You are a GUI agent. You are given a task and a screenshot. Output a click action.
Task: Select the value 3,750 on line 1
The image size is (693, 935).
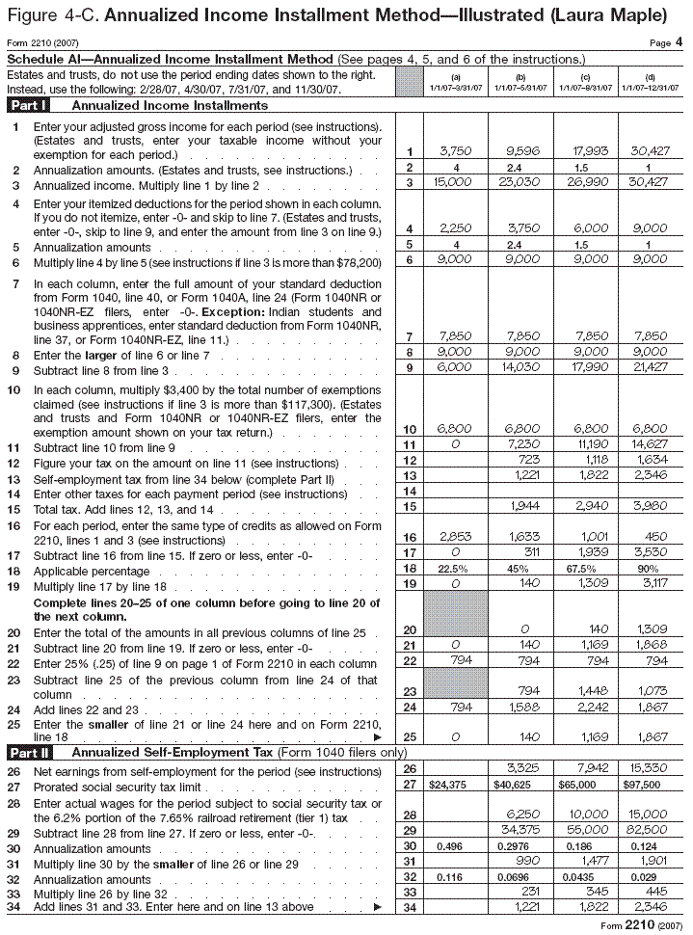click(454, 151)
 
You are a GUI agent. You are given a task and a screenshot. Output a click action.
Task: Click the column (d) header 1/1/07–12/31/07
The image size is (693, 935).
click(650, 83)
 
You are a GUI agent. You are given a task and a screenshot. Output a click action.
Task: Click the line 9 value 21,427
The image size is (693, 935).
click(650, 368)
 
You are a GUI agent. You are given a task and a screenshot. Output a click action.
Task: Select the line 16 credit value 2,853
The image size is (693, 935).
click(454, 536)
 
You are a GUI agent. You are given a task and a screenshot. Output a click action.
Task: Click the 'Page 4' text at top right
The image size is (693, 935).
click(665, 42)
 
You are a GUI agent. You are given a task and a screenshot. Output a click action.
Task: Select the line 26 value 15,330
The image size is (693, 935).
click(650, 768)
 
